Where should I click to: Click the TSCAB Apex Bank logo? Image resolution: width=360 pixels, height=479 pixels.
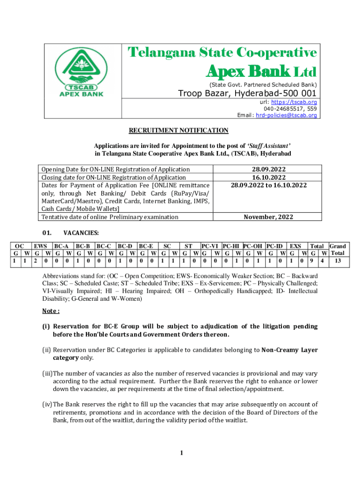(x=79, y=73)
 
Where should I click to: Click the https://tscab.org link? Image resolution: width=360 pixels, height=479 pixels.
(x=298, y=102)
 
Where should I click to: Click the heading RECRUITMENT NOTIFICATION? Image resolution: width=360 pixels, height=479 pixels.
(x=179, y=131)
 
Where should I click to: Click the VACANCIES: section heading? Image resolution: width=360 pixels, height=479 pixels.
(x=81, y=232)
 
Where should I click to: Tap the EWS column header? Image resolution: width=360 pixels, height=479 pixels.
(x=40, y=246)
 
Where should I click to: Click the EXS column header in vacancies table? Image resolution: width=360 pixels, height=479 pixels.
(x=295, y=246)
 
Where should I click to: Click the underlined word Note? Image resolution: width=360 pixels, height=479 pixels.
(x=50, y=311)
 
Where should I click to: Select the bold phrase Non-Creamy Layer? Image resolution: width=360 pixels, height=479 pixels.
(x=289, y=349)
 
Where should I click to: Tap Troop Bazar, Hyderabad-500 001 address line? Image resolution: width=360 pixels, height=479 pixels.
(x=247, y=94)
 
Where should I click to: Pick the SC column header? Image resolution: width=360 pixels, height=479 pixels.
(x=167, y=246)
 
